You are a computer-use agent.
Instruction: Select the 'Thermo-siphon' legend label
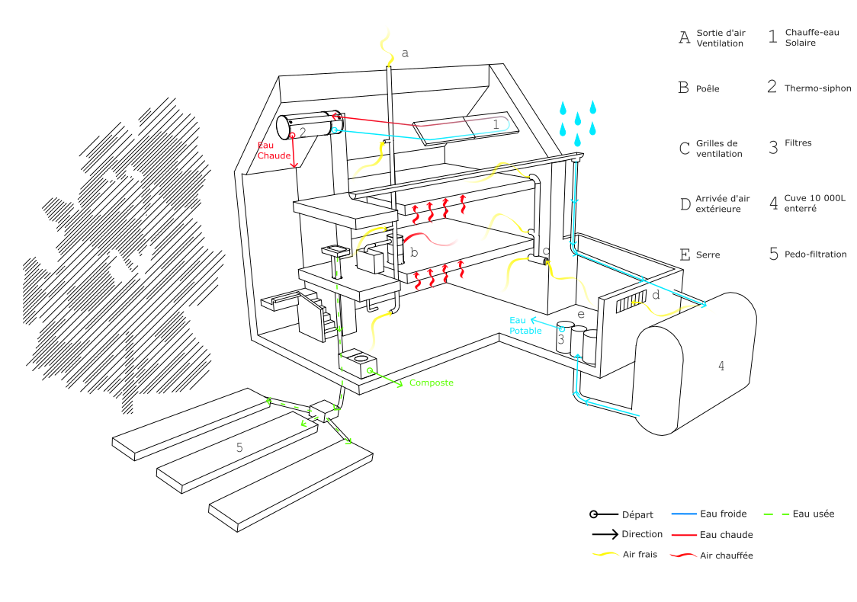pos(818,88)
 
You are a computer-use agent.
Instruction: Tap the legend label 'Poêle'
pos(708,88)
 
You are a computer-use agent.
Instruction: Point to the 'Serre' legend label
pos(708,255)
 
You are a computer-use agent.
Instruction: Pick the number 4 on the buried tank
pos(721,367)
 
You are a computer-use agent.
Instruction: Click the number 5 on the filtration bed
pos(239,447)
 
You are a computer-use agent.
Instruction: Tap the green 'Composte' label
pos(431,383)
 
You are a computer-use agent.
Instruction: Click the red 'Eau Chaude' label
pos(273,151)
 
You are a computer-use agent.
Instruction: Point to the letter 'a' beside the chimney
pos(405,53)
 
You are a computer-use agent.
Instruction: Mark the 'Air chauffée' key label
pos(726,556)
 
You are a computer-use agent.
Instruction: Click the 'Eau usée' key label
pos(813,514)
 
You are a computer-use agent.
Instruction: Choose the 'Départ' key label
pos(637,514)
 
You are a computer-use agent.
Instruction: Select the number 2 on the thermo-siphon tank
pos(303,133)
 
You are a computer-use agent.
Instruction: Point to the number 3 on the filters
pos(560,340)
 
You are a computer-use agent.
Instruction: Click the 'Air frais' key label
pos(640,554)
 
